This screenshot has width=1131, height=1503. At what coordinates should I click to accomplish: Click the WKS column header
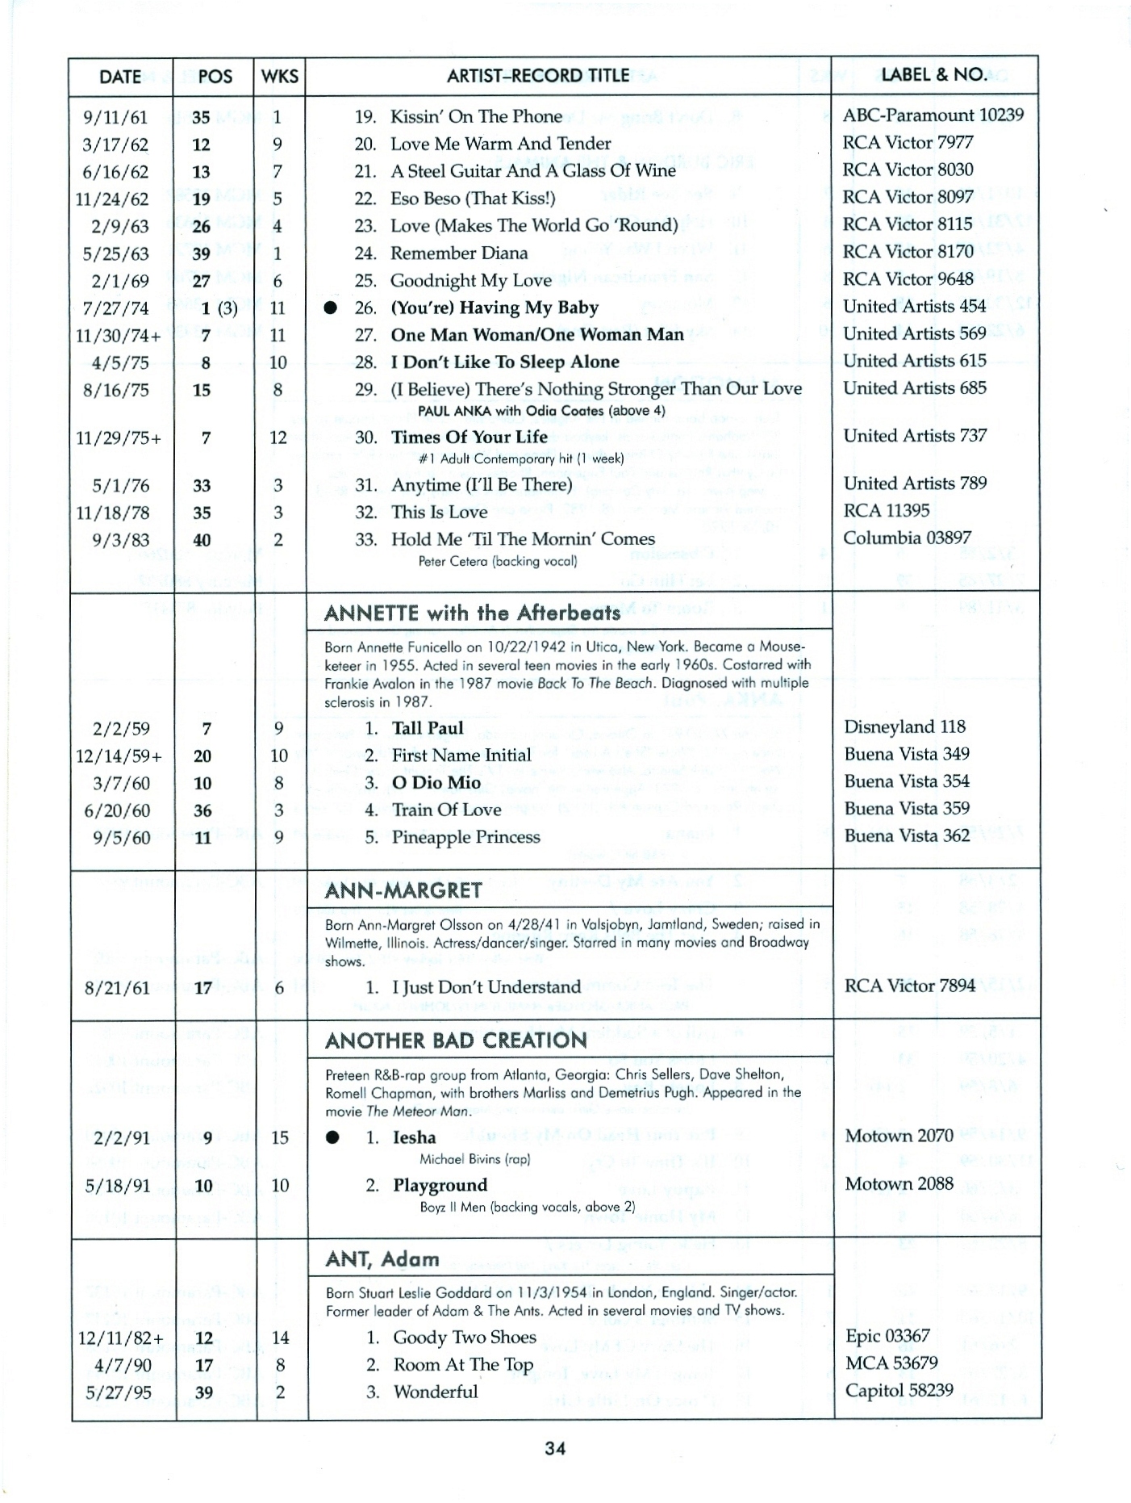(280, 77)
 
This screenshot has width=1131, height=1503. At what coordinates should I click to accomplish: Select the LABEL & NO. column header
(934, 75)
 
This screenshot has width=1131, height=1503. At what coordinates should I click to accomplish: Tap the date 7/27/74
(116, 308)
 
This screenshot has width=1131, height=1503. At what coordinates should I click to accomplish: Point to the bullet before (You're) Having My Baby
(330, 308)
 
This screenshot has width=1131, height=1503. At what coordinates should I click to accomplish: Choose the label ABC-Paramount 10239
(933, 115)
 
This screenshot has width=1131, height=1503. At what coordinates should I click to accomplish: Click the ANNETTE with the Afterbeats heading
(472, 613)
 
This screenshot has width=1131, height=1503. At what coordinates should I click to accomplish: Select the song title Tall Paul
(428, 728)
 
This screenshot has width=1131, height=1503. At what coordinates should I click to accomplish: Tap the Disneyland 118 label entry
(904, 727)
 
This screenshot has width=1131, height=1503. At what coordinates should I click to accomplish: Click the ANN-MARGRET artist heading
(403, 891)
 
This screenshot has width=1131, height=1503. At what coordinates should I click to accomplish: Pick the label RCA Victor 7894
(910, 986)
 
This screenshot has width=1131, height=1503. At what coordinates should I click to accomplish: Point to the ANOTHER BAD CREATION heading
(456, 1041)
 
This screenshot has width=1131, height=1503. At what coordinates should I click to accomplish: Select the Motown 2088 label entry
(899, 1184)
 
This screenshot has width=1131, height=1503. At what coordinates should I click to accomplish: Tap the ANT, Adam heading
(382, 1260)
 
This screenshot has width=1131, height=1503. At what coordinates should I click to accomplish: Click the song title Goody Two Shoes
(465, 1338)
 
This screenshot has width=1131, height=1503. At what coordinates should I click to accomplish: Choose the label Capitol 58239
(899, 1391)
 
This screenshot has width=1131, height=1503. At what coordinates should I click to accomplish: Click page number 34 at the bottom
(555, 1448)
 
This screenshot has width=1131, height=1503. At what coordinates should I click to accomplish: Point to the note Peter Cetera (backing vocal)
(498, 561)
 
